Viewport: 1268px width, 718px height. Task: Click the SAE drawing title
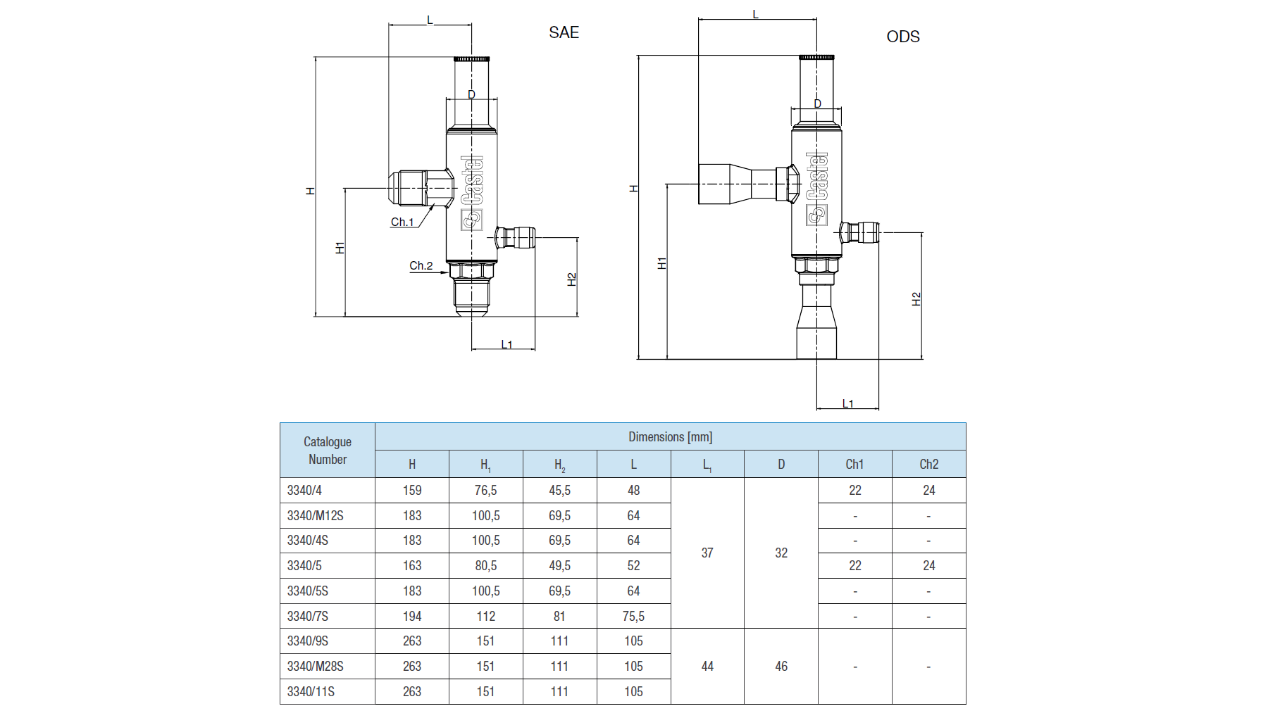tap(564, 32)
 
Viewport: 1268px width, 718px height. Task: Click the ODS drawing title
tap(903, 37)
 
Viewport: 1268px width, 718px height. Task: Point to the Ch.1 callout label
tap(402, 222)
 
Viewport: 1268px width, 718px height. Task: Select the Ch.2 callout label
tap(421, 265)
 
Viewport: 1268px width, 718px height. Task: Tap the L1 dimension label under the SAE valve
tap(506, 344)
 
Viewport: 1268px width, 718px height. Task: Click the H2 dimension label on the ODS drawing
tap(916, 299)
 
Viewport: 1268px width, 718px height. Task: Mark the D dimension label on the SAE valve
tap(471, 94)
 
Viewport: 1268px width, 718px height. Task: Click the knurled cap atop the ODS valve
tap(816, 57)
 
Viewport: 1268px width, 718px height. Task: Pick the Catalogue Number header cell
tap(328, 451)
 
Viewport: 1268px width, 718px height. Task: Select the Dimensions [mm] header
tap(670, 437)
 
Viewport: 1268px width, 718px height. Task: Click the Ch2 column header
tap(928, 465)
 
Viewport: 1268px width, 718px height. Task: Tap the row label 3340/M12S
tap(315, 515)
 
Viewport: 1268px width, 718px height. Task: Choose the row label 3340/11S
tap(311, 691)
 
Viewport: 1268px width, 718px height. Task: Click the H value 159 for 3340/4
tap(412, 490)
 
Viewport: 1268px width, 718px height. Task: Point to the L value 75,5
tap(633, 616)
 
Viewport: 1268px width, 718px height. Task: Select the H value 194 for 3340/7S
tap(412, 616)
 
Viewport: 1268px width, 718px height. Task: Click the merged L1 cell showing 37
tap(707, 553)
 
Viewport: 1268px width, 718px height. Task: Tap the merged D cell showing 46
tap(781, 666)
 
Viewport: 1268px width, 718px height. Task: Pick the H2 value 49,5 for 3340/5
tap(559, 565)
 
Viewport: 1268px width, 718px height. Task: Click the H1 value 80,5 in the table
tap(485, 565)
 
